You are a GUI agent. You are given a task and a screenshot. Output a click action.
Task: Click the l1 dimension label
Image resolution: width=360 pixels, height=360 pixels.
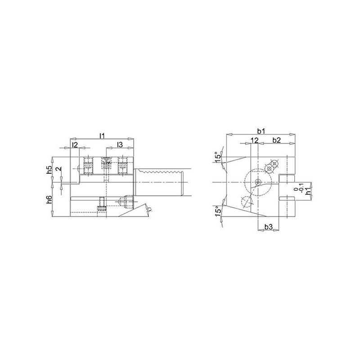(x=102, y=136)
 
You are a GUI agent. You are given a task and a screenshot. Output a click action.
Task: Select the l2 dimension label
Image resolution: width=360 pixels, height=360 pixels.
(x=75, y=144)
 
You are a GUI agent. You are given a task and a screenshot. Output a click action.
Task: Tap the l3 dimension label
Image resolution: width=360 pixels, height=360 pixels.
(x=120, y=144)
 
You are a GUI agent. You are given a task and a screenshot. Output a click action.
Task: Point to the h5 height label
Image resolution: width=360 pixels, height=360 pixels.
(x=49, y=169)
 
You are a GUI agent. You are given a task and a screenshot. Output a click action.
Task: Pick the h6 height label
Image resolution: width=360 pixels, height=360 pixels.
(x=49, y=199)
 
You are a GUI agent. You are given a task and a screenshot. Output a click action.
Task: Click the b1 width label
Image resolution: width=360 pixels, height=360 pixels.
(x=261, y=131)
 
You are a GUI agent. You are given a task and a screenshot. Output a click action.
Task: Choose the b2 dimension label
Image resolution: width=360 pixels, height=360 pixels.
(x=276, y=140)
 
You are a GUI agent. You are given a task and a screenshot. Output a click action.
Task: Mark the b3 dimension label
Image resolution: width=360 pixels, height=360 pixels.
(x=268, y=227)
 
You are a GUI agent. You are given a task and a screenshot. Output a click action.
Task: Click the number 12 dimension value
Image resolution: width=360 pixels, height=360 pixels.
(x=255, y=140)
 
